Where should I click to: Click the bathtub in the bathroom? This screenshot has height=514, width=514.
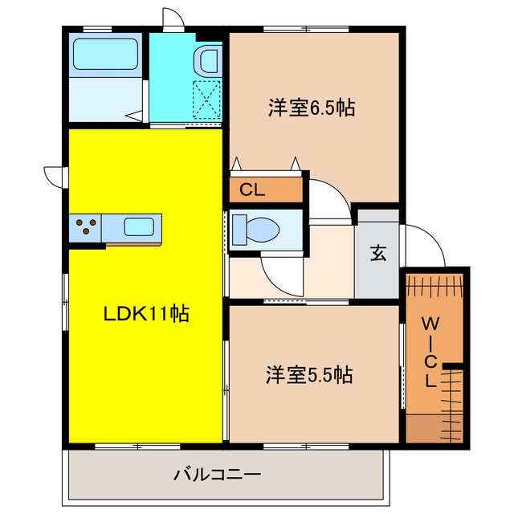(x=105, y=54)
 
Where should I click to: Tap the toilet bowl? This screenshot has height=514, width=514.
(x=263, y=229)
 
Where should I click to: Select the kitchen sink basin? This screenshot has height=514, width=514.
(x=139, y=226)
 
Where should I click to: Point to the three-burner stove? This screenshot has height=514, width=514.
(x=86, y=226)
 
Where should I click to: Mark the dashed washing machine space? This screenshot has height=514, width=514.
(x=206, y=100)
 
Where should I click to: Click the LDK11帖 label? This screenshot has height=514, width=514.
(x=146, y=314)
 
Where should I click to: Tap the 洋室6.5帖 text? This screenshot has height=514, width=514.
(x=312, y=107)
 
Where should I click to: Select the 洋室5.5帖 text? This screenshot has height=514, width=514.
(x=309, y=375)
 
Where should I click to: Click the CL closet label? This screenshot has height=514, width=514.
(x=252, y=190)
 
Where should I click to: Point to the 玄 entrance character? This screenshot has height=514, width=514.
(x=378, y=253)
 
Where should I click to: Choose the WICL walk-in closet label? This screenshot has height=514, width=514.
(x=430, y=353)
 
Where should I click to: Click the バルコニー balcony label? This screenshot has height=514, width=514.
(x=218, y=475)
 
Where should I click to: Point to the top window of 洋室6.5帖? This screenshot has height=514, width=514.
(x=306, y=29)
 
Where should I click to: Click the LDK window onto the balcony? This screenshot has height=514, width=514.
(x=137, y=447)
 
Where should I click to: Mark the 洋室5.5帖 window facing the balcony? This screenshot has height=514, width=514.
(x=306, y=447)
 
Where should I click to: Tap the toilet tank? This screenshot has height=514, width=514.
(x=239, y=230)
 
